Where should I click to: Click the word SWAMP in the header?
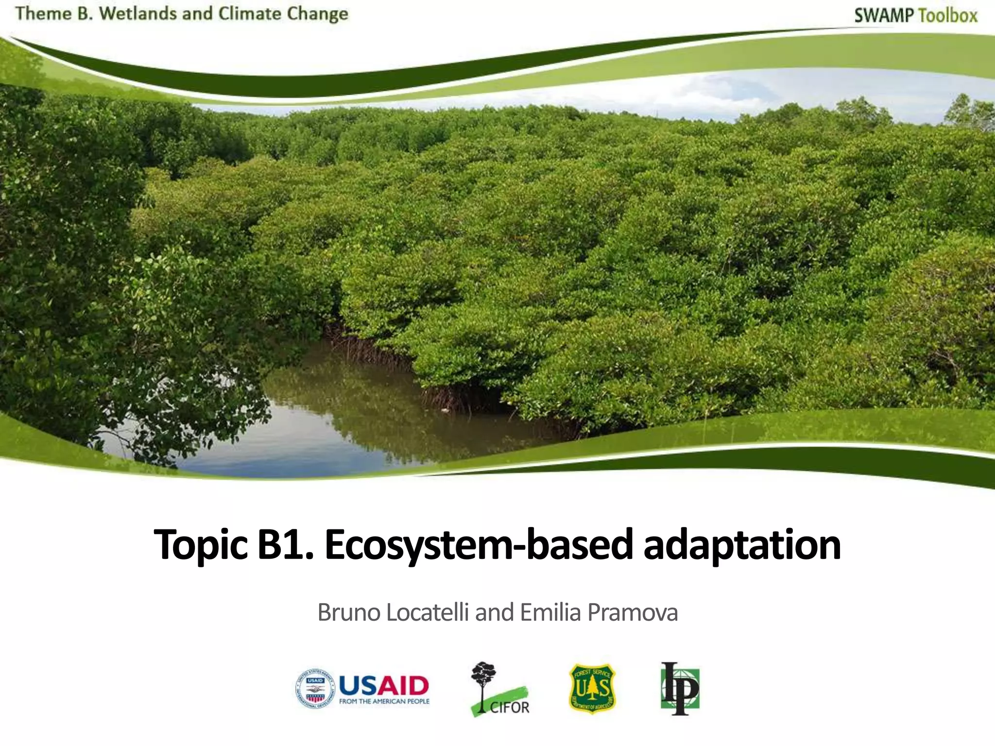(883, 16)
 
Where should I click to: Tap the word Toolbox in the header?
(947, 16)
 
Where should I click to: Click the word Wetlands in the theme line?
(138, 14)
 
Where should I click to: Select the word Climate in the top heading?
(249, 14)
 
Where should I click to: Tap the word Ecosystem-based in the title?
(479, 545)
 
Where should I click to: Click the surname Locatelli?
(428, 612)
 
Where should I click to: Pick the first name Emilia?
(550, 612)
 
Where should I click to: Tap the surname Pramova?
(633, 612)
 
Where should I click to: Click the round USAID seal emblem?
(315, 688)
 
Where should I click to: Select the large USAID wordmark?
(384, 685)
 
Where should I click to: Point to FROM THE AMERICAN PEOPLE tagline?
(384, 701)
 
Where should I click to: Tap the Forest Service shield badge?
(592, 689)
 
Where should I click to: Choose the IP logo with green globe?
(680, 689)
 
